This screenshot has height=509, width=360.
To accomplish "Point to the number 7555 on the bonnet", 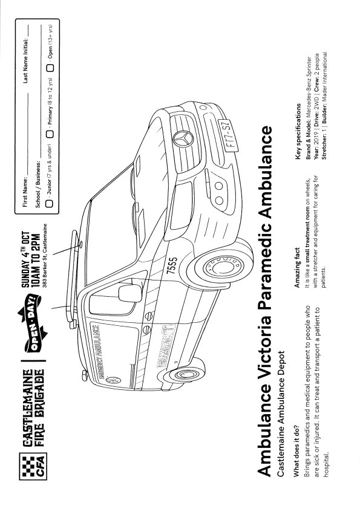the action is coord(172,266).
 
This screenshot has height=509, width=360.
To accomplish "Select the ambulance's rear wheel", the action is coord(184,374).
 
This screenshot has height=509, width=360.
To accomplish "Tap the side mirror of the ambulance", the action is coord(130,293).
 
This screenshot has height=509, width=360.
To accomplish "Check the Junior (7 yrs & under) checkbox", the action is coord(50,204).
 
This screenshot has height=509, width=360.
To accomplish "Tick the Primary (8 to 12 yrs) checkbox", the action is coord(50,134).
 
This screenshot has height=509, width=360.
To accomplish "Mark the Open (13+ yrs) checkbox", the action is coord(50,68).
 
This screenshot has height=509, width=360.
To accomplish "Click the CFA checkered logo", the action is coord(33,467).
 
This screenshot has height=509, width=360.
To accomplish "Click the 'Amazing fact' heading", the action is coord(297,268).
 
